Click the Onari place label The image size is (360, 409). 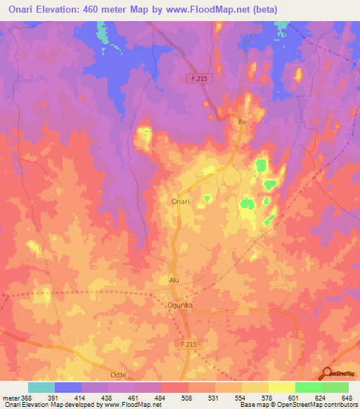point(181,201)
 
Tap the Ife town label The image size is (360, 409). point(243,121)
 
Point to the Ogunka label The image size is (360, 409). point(180,305)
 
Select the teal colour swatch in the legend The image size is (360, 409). point(41,387)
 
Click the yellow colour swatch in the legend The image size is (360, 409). point(281,387)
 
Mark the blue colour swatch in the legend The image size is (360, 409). point(67,387)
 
